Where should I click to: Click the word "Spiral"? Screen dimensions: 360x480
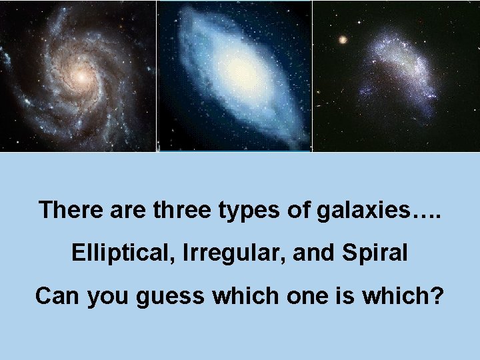click(375, 253)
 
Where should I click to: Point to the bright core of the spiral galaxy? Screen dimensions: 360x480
click(80, 77)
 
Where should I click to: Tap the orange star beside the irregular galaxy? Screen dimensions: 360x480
click(343, 39)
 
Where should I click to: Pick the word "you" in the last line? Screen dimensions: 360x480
click(107, 295)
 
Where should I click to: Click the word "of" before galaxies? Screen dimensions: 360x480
click(296, 210)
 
